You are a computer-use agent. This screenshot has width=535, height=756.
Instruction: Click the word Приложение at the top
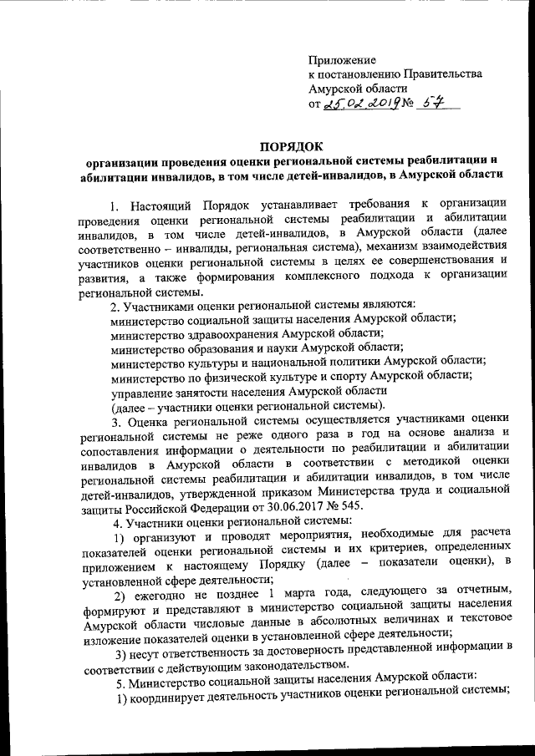click(342, 60)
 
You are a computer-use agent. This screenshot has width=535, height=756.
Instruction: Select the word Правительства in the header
click(442, 74)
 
